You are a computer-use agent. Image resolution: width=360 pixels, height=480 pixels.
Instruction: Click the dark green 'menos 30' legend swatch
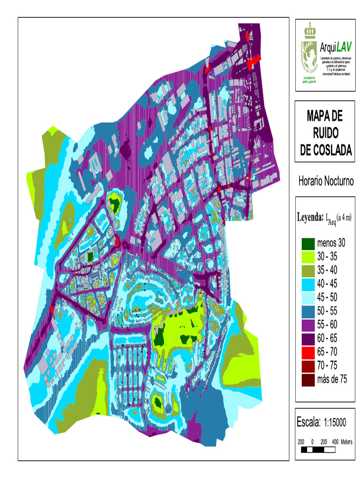coord(307,243)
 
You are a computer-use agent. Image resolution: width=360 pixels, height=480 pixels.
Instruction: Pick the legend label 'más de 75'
coord(332,380)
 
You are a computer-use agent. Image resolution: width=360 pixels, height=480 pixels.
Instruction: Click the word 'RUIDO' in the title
coord(324,133)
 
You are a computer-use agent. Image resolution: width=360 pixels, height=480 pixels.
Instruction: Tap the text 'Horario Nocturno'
coord(325,181)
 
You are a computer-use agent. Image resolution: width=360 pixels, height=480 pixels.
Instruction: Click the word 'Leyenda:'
coord(310,217)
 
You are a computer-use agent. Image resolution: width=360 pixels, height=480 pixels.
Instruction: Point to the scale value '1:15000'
coord(335,422)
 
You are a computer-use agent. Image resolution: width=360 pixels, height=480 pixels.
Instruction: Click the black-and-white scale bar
coord(318,450)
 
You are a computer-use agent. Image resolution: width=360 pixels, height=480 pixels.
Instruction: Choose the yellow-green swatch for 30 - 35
coord(307,257)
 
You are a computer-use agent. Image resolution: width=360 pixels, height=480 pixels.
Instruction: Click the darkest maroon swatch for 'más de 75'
coord(307,379)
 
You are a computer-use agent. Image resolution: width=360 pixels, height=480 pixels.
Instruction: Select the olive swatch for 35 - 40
coord(307,270)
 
